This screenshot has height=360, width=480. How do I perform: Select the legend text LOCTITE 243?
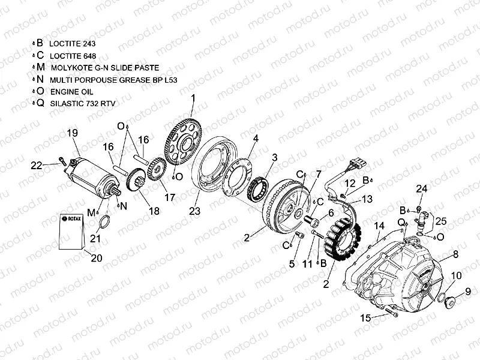tap(73, 44)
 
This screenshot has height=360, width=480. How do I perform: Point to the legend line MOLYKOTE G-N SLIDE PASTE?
tap(97, 68)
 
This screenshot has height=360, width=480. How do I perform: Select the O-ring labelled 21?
tap(103, 222)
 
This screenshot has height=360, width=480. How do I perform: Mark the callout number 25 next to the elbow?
tap(441, 222)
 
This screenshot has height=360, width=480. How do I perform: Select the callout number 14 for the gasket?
tap(379, 226)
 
